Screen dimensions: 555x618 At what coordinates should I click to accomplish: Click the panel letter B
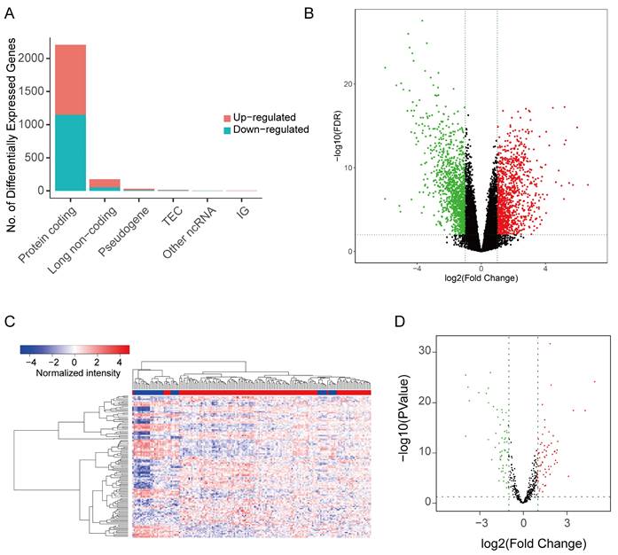coord(309,12)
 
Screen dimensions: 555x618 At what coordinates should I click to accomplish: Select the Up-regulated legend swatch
coord(227,117)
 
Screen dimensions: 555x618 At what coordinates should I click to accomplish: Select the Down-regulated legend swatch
coord(227,129)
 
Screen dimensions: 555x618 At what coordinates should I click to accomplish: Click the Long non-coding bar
coord(105,184)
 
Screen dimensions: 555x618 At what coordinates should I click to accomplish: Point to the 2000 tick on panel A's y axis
coord(36,59)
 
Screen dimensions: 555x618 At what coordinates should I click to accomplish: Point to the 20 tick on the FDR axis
coord(351,84)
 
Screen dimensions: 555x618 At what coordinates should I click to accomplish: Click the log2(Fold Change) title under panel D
coord(522,539)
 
